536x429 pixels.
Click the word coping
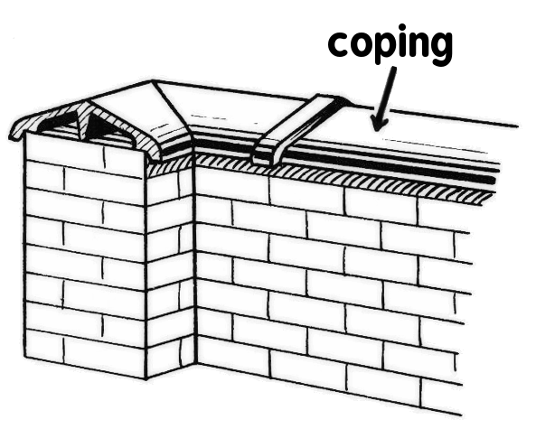(390, 44)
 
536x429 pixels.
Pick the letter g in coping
(441, 49)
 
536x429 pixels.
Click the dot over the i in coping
(402, 27)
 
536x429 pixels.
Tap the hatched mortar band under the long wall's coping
(342, 178)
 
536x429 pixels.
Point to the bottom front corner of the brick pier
(146, 378)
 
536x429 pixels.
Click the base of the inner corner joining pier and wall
(196, 363)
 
